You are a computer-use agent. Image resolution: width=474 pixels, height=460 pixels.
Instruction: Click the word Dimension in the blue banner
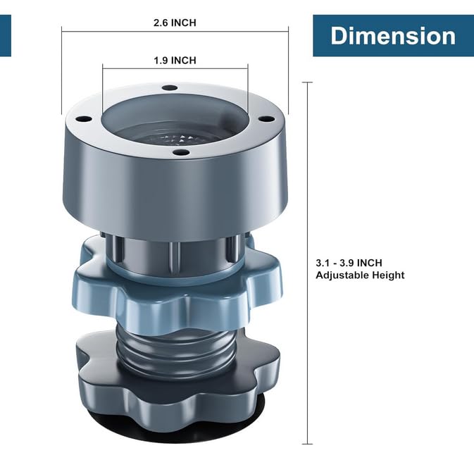[x=393, y=36]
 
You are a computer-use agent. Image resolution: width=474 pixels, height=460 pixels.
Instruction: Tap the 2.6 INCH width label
[x=175, y=23]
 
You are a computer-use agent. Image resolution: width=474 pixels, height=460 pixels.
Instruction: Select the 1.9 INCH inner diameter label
[x=175, y=60]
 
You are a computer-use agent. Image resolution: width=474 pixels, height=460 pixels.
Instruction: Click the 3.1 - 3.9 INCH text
[x=349, y=263]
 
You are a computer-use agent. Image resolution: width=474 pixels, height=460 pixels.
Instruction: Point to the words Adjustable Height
[x=360, y=275]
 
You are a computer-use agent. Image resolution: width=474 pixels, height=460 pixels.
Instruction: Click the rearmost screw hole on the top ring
[x=170, y=88]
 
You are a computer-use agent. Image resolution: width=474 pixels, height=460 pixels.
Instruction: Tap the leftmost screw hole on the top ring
[x=84, y=119]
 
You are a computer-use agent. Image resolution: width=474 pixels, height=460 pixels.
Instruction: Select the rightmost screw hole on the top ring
[x=267, y=119]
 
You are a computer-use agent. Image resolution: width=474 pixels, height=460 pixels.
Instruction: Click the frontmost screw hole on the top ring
[x=182, y=153]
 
